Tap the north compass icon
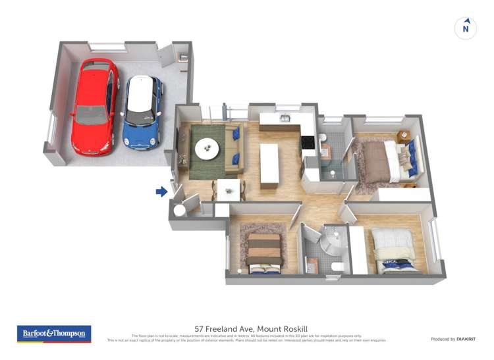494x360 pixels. pyautogui.click(x=466, y=28)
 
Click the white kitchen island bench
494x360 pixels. pyautogui.click(x=269, y=166)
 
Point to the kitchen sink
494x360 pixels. pyautogui.click(x=285, y=118)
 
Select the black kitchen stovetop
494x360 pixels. pyautogui.click(x=308, y=141)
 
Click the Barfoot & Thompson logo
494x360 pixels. pyautogui.click(x=54, y=334)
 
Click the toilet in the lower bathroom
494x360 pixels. pyautogui.click(x=337, y=266)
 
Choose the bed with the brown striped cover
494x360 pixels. pyautogui.click(x=265, y=250)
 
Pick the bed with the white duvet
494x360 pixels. pyautogui.click(x=393, y=249)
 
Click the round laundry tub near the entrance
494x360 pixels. pyautogui.click(x=179, y=211)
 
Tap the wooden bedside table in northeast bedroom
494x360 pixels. pyautogui.click(x=404, y=136)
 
